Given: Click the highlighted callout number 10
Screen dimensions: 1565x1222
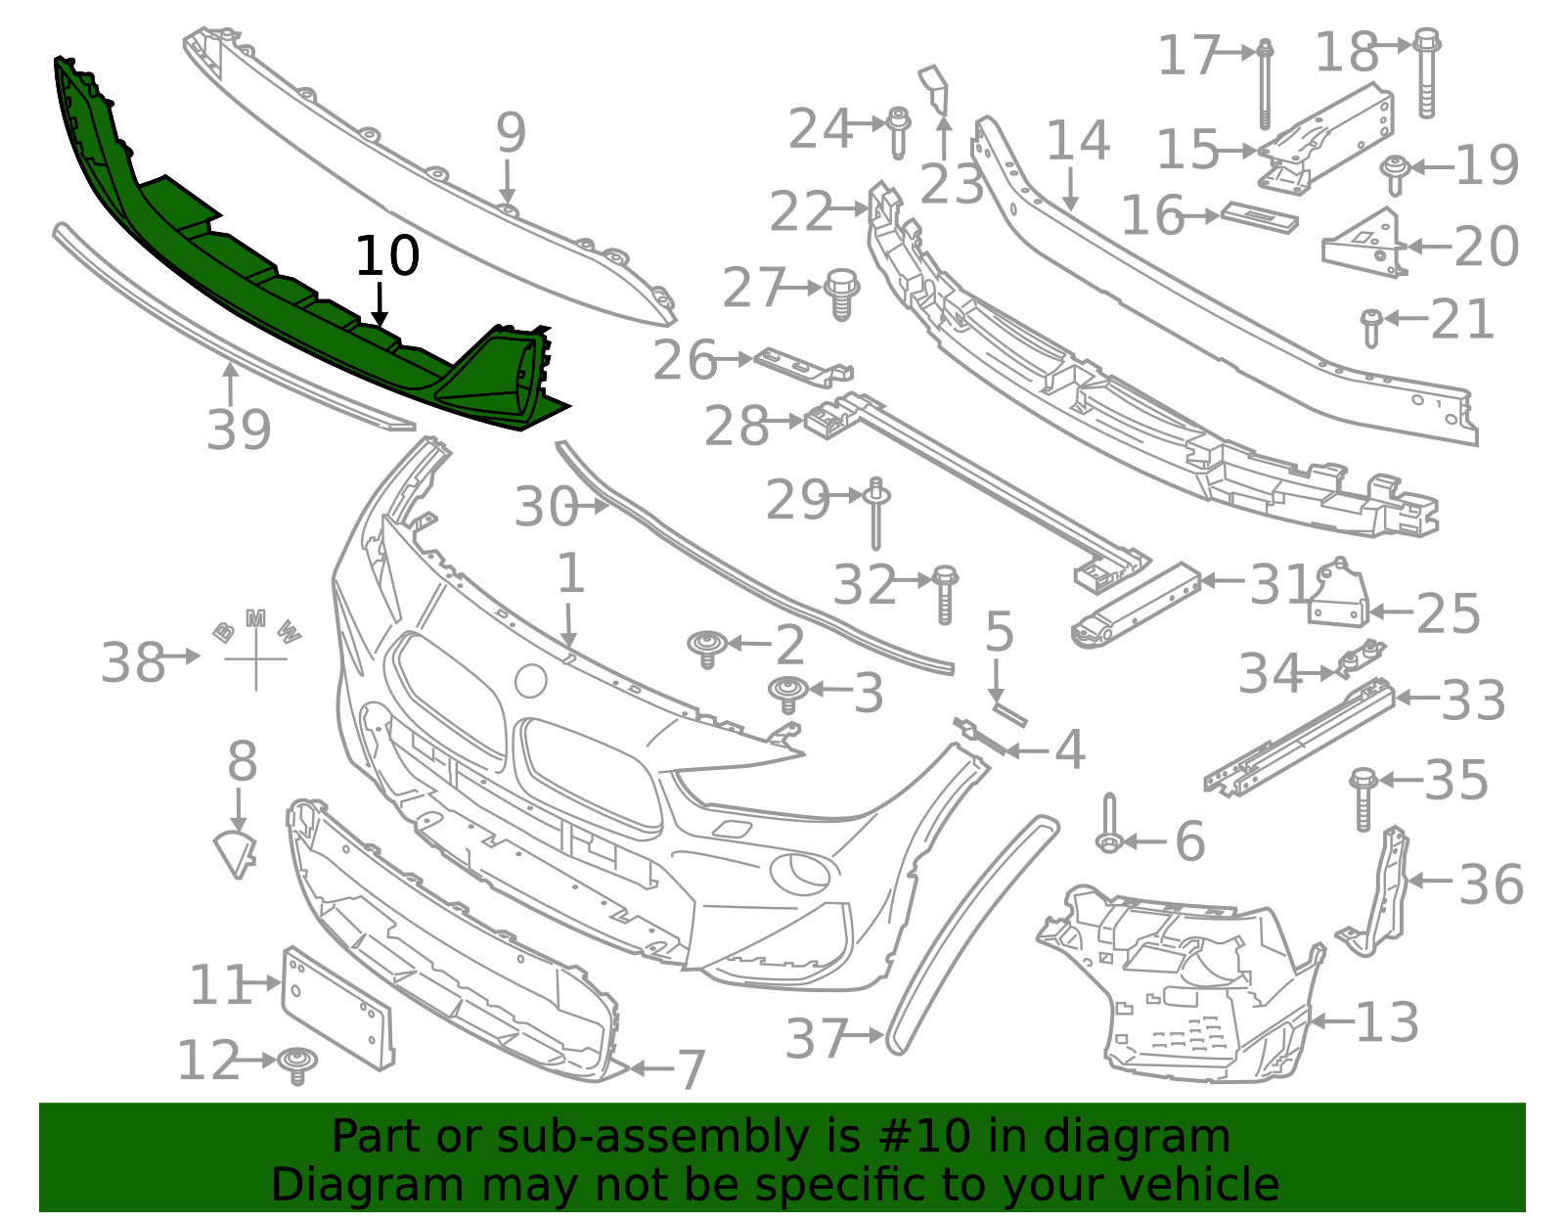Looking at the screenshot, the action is (x=387, y=255).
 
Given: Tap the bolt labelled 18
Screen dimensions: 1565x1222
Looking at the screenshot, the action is (x=1426, y=72).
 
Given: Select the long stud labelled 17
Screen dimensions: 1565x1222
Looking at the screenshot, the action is (x=1265, y=83).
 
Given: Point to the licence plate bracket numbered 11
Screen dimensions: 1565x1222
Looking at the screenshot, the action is (x=337, y=1008).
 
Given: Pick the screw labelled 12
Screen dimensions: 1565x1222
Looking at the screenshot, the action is (x=297, y=1065).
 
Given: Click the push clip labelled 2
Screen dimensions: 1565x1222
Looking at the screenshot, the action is (x=707, y=649).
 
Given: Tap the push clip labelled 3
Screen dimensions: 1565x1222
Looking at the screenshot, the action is (x=787, y=695).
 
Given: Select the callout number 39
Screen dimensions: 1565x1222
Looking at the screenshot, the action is (x=239, y=430).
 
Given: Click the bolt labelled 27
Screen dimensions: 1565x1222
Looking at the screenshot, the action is (x=841, y=294).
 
